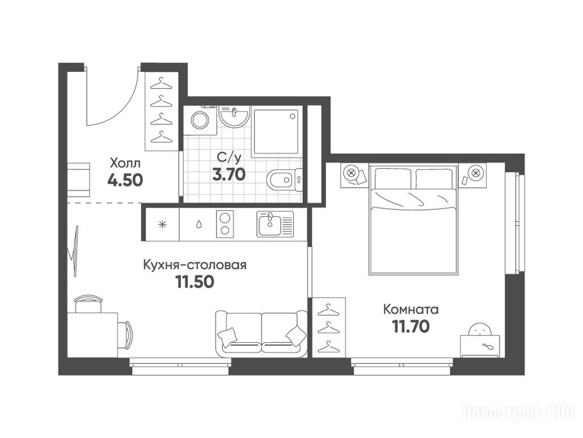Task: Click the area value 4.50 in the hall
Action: pyautogui.click(x=125, y=181)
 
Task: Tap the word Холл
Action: pyautogui.click(x=125, y=163)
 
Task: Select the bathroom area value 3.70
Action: pyautogui.click(x=229, y=175)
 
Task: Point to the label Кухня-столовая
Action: pyautogui.click(x=195, y=265)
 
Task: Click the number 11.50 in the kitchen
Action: pyautogui.click(x=195, y=282)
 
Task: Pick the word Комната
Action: pyautogui.click(x=411, y=310)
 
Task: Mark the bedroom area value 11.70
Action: pyautogui.click(x=411, y=326)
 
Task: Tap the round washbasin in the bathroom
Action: pyautogui.click(x=234, y=116)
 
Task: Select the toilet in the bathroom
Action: pyautogui.click(x=285, y=180)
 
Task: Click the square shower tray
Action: pyautogui.click(x=276, y=131)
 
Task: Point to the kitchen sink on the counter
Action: pyautogui.click(x=275, y=224)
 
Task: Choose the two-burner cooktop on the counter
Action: pyautogui.click(x=225, y=224)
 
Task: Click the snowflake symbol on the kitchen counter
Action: pyautogui.click(x=162, y=224)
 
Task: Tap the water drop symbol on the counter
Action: pyautogui.click(x=199, y=224)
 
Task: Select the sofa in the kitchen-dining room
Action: pyautogui.click(x=261, y=332)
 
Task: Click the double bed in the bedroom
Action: pyautogui.click(x=413, y=221)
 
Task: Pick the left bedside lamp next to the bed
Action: pyautogui.click(x=350, y=173)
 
